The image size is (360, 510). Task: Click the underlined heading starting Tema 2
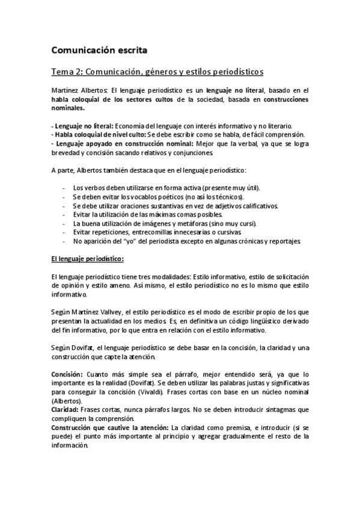tap(157, 72)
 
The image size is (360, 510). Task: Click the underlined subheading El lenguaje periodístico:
tap(88, 259)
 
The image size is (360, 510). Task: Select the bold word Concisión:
tap(67, 374)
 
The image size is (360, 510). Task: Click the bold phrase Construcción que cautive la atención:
tap(101, 428)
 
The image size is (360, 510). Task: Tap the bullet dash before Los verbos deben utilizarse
tap(64, 188)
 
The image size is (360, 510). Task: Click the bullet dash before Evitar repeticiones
tap(64, 233)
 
